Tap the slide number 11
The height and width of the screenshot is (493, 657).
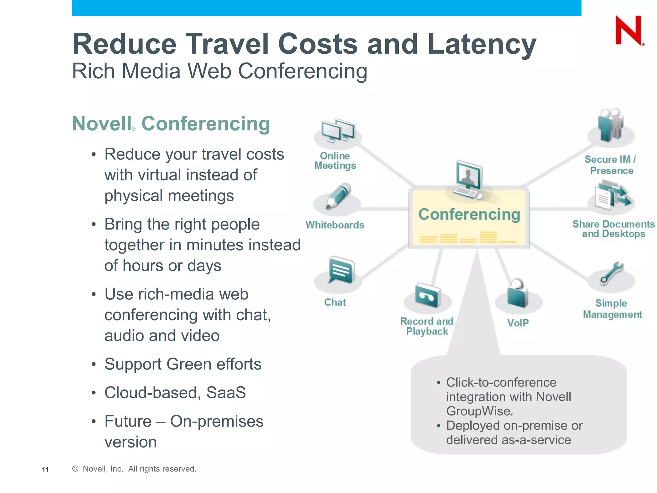pos(45,470)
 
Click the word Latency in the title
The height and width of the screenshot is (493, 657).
pos(482,44)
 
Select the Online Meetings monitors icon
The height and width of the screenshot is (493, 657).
pos(338,131)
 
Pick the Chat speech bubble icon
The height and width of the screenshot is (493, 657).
pos(341,270)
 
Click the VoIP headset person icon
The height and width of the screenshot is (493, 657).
pos(517,293)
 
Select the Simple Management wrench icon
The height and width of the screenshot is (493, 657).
pos(611,273)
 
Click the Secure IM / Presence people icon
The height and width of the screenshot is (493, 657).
pos(610,125)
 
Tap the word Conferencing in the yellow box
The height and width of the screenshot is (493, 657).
pos(469,214)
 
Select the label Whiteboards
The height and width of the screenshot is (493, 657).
pos(335,225)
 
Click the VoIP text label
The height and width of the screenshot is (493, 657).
pos(518,323)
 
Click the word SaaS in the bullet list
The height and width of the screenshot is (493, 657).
pos(226,393)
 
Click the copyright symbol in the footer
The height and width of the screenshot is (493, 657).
pos(75,469)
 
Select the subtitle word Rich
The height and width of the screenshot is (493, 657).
pos(93,71)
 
